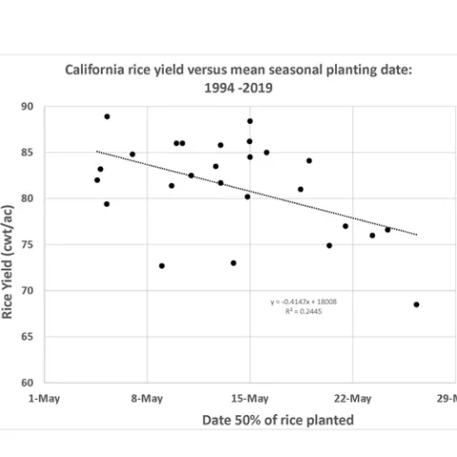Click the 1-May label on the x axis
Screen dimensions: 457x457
(x=45, y=398)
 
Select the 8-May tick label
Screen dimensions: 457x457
(x=147, y=398)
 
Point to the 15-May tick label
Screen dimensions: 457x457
(x=249, y=398)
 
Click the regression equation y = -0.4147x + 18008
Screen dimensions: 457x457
(x=303, y=302)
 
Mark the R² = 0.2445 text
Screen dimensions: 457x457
(x=303, y=310)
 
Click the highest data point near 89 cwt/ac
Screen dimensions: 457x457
(x=107, y=116)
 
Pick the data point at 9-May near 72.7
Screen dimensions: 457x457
(x=162, y=266)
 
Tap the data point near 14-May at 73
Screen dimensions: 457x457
(x=233, y=263)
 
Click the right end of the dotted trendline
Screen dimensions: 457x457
(x=416, y=235)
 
